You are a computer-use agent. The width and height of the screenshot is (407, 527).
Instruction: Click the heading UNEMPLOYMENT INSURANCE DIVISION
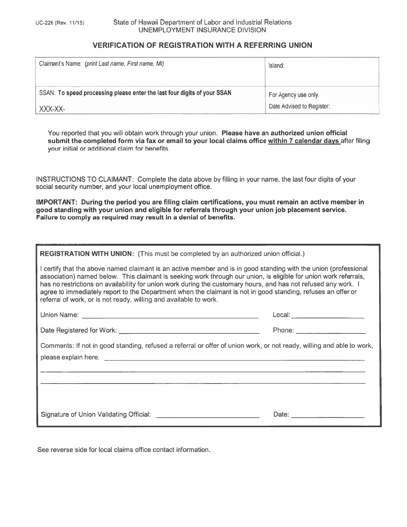(201, 30)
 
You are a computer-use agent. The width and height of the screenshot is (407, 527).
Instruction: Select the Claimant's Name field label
(60, 64)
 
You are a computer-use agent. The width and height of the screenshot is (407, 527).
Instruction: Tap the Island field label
(276, 66)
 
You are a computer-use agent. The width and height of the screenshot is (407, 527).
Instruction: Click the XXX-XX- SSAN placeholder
(52, 109)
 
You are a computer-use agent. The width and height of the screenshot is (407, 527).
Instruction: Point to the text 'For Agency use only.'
(294, 95)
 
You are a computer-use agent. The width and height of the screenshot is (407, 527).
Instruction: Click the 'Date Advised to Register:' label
(299, 107)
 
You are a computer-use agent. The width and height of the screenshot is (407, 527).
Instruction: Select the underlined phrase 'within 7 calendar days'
(304, 141)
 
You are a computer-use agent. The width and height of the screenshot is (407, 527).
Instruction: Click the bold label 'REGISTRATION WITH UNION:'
(87, 254)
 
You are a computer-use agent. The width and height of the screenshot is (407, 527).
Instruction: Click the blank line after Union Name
(170, 317)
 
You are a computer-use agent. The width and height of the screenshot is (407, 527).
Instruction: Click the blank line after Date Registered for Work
(189, 332)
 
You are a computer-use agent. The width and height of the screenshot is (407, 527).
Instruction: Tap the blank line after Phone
(331, 332)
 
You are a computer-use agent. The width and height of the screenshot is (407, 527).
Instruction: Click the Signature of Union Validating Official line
(208, 416)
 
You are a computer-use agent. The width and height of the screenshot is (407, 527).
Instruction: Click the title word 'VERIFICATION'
(124, 45)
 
